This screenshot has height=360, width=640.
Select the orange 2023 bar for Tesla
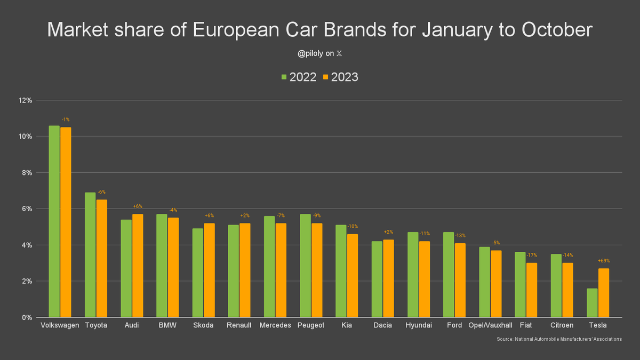coord(604,293)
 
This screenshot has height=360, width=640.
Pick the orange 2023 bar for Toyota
coord(101,259)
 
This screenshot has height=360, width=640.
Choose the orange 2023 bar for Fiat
coord(532,290)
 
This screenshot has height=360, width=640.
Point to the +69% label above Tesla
coord(604,261)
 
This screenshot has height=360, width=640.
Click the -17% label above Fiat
coord(532,255)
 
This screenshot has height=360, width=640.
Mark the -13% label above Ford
coord(460,236)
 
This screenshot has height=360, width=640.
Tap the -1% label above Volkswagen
coord(66,119)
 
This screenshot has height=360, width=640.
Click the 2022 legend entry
coord(299,77)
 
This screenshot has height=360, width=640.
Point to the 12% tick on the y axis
coord(26,100)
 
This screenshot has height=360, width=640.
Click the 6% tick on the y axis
coord(27,209)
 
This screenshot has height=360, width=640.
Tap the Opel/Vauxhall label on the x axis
coord(490,325)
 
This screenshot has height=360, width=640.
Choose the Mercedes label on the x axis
coord(275,325)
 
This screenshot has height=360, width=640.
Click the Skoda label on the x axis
coord(203,325)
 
